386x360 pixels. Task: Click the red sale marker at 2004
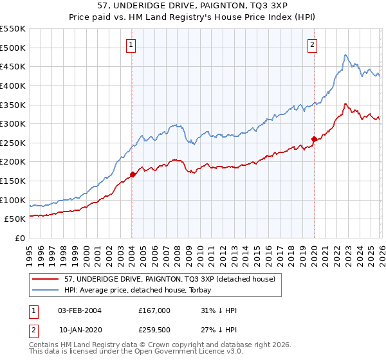[x=133, y=174]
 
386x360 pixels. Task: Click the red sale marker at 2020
[x=314, y=139]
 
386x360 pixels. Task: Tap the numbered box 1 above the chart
[x=131, y=44]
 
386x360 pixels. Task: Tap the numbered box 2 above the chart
[x=312, y=44]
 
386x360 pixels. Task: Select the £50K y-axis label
[x=15, y=219]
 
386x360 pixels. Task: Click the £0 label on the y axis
[x=21, y=239]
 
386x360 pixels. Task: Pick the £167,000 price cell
[x=154, y=310]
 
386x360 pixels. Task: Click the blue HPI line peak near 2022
[x=345, y=55]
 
